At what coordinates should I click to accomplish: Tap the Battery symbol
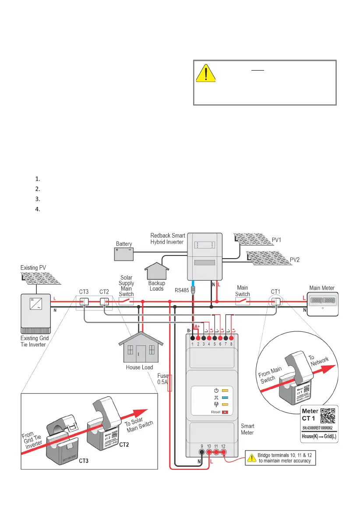click(x=124, y=254)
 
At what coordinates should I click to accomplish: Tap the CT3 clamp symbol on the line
click(x=83, y=301)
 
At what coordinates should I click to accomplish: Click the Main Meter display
click(x=322, y=301)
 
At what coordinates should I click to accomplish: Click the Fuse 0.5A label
click(x=165, y=378)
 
